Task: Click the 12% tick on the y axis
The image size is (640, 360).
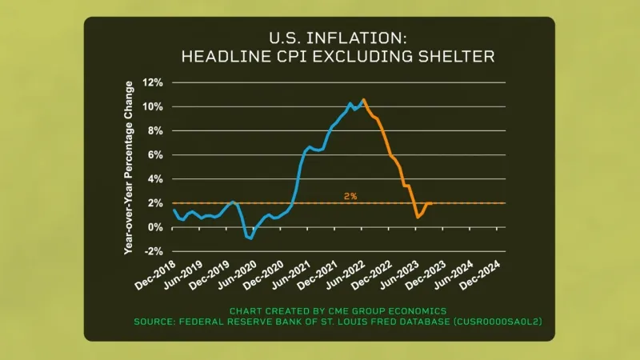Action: (154, 82)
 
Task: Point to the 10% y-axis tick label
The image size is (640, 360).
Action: (154, 106)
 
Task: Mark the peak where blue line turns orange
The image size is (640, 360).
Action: (363, 100)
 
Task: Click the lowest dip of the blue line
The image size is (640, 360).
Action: (250, 238)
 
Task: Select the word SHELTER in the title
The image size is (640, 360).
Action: (458, 56)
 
